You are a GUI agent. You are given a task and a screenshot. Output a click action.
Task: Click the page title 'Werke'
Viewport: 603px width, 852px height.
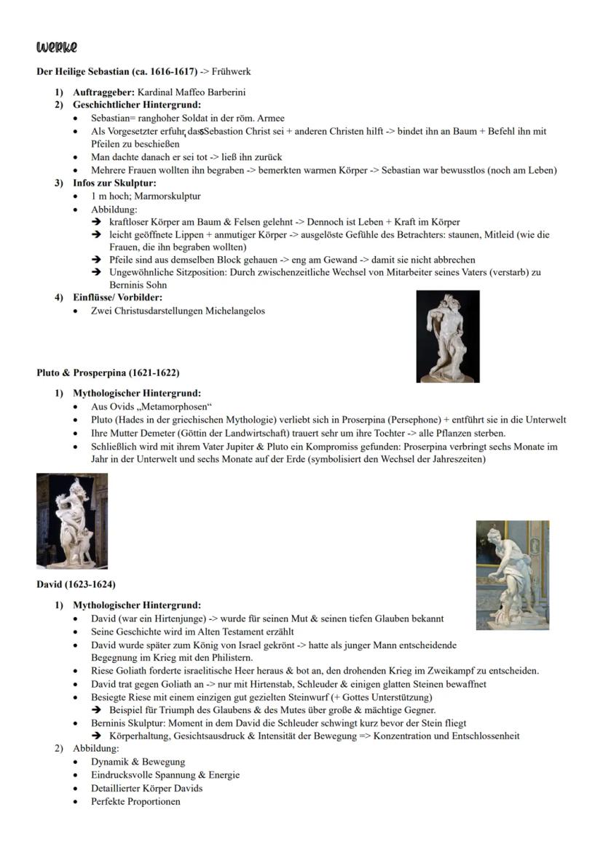[x=56, y=47]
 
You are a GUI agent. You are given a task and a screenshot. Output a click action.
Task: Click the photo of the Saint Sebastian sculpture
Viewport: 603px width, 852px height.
[x=447, y=336]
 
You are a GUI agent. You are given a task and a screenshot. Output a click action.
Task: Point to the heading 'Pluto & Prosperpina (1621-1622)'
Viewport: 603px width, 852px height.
[x=108, y=373]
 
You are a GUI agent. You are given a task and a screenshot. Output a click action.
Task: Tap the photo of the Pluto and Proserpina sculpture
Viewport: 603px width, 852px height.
[x=72, y=520]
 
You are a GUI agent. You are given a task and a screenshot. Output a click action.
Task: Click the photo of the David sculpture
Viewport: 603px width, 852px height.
[x=512, y=574]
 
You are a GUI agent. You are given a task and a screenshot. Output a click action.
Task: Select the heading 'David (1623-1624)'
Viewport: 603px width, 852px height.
[x=76, y=584]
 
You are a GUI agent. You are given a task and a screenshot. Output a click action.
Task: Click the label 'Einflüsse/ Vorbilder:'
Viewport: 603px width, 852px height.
[x=118, y=298]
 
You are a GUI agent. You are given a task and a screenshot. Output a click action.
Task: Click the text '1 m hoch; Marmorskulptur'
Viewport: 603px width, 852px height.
[x=146, y=196]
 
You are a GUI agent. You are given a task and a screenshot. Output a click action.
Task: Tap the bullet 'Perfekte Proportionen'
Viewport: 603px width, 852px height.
[x=135, y=801]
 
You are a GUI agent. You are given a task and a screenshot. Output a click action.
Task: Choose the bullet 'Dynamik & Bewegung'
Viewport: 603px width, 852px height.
[x=138, y=762]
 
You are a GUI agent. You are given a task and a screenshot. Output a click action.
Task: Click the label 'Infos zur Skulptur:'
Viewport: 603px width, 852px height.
[x=114, y=183]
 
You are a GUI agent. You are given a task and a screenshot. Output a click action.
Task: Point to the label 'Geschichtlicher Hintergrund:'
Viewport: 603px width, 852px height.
[x=137, y=105]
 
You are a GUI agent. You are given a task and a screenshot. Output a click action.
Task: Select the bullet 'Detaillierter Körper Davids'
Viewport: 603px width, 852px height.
[x=146, y=788]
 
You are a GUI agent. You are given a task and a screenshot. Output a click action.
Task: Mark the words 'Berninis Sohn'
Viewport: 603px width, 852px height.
[x=138, y=285]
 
